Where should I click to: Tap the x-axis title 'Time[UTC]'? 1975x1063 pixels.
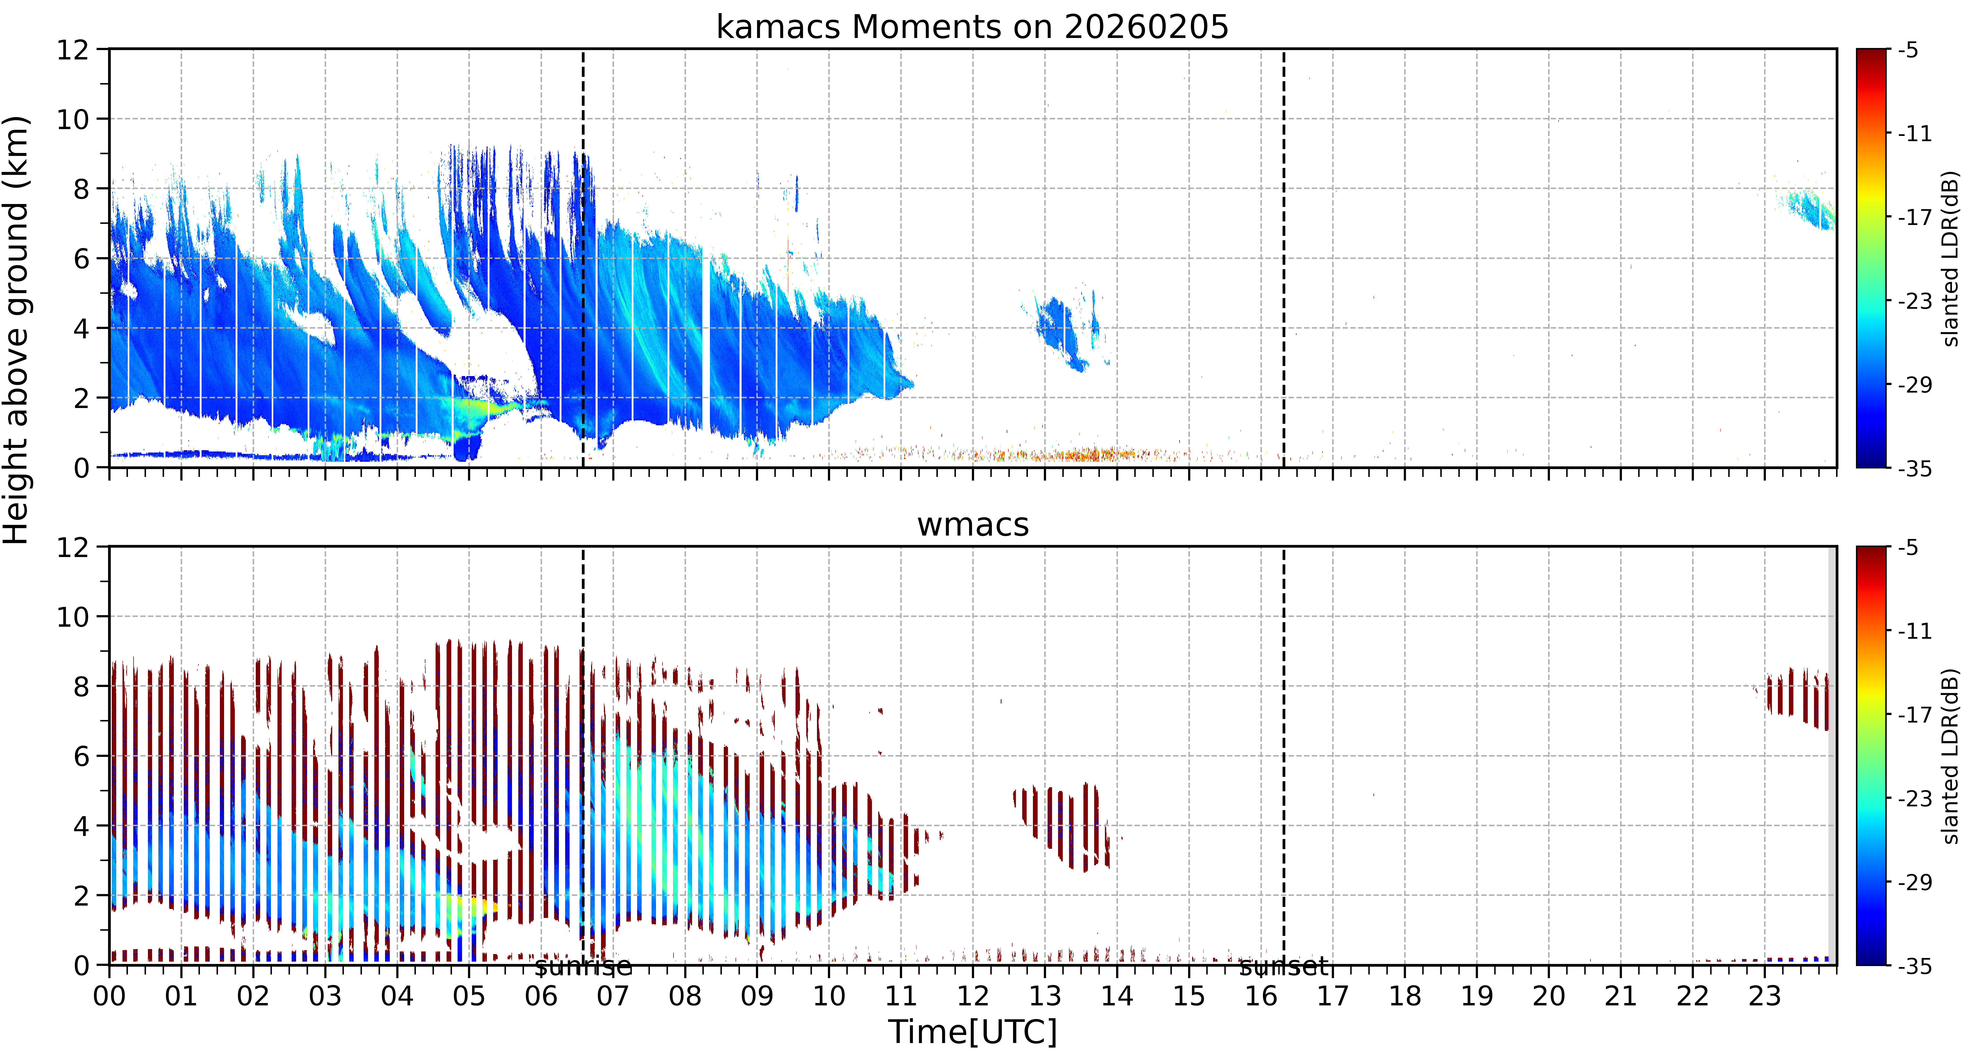[972, 1032]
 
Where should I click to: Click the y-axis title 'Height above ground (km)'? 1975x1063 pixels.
[17, 330]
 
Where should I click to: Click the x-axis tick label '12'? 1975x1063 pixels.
[973, 996]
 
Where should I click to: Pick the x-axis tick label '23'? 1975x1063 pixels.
[1764, 996]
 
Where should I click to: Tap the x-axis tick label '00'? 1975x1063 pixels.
[110, 996]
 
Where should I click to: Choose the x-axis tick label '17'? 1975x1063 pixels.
[1333, 996]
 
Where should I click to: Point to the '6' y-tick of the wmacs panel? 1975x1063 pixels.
[81, 756]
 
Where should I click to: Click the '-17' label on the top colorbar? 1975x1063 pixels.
[1915, 218]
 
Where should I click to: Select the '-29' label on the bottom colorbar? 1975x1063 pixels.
[1915, 882]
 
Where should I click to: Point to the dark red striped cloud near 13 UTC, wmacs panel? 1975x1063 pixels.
[1062, 827]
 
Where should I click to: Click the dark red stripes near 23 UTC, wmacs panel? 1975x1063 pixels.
[1798, 698]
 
